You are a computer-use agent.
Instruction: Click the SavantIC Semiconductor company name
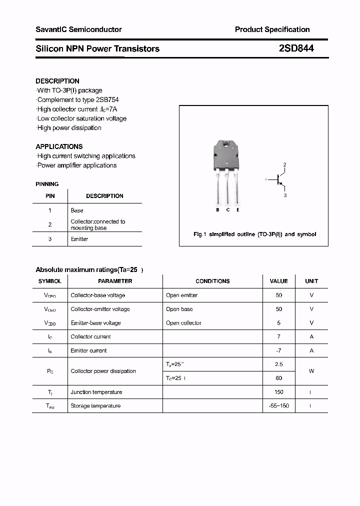coord(78,29)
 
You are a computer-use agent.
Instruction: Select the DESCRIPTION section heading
coord(57,81)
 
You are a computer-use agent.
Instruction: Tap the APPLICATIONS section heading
coord(59,146)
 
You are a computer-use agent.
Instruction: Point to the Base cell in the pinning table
coord(77,210)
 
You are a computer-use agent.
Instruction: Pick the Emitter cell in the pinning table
coord(79,239)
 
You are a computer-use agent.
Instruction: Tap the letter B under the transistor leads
coord(217,210)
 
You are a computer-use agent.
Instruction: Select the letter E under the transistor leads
coord(238,210)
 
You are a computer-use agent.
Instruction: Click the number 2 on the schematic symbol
coord(284,164)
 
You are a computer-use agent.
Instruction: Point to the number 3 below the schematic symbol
coord(285,195)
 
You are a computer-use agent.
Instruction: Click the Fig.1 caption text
coord(254,234)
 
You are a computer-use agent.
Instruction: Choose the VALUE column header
coord(278,281)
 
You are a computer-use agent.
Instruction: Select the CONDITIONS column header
coord(212,281)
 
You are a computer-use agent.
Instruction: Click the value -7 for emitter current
coord(278,350)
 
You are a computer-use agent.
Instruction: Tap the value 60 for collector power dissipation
coord(278,378)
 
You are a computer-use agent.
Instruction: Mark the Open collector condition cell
coord(183,323)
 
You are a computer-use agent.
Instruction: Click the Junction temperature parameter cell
coord(96,392)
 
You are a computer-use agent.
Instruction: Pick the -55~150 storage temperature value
coord(278,406)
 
